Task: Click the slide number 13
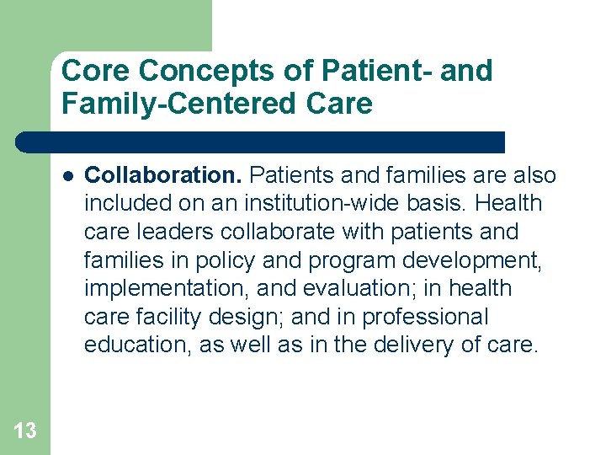click(x=25, y=431)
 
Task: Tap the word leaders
click(x=168, y=232)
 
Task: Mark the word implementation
click(x=163, y=288)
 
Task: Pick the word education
click(x=136, y=345)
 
